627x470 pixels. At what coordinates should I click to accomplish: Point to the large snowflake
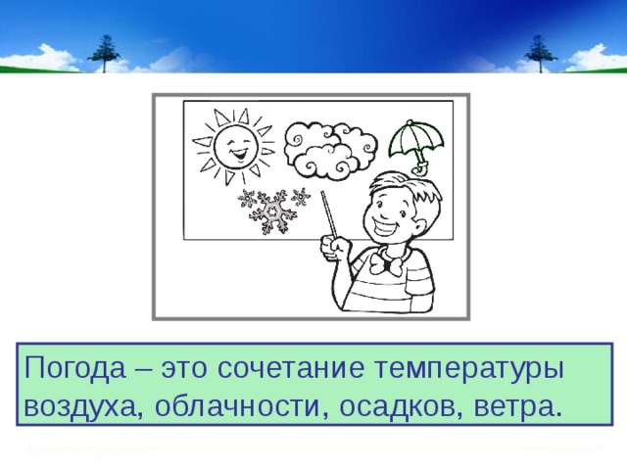click(273, 210)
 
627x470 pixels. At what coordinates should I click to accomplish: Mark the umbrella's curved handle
click(420, 168)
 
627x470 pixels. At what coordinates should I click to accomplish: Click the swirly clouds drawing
click(322, 149)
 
